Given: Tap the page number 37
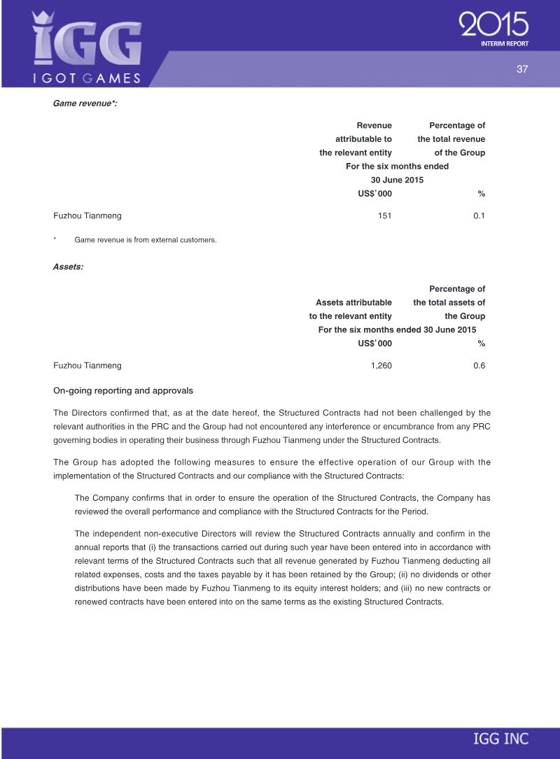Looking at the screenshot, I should (521, 69).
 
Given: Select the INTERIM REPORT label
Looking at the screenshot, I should (505, 44).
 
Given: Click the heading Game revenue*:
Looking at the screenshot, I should (85, 104).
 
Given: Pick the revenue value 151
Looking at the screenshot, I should (384, 216).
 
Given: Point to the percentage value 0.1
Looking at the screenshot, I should (479, 216).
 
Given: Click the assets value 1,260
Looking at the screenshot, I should (381, 366).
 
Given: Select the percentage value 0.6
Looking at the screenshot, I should (479, 366).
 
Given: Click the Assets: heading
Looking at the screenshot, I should (68, 267).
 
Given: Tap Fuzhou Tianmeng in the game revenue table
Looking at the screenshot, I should (87, 216).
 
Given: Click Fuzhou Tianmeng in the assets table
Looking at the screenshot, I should (87, 366).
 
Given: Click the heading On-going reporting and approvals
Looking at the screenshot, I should (123, 390).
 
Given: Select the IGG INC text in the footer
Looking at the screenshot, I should (500, 739).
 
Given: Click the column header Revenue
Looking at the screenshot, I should (374, 126).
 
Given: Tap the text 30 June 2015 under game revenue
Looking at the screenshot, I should (397, 180).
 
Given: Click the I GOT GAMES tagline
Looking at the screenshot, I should (87, 78).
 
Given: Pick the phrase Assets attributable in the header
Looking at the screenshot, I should (353, 303).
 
